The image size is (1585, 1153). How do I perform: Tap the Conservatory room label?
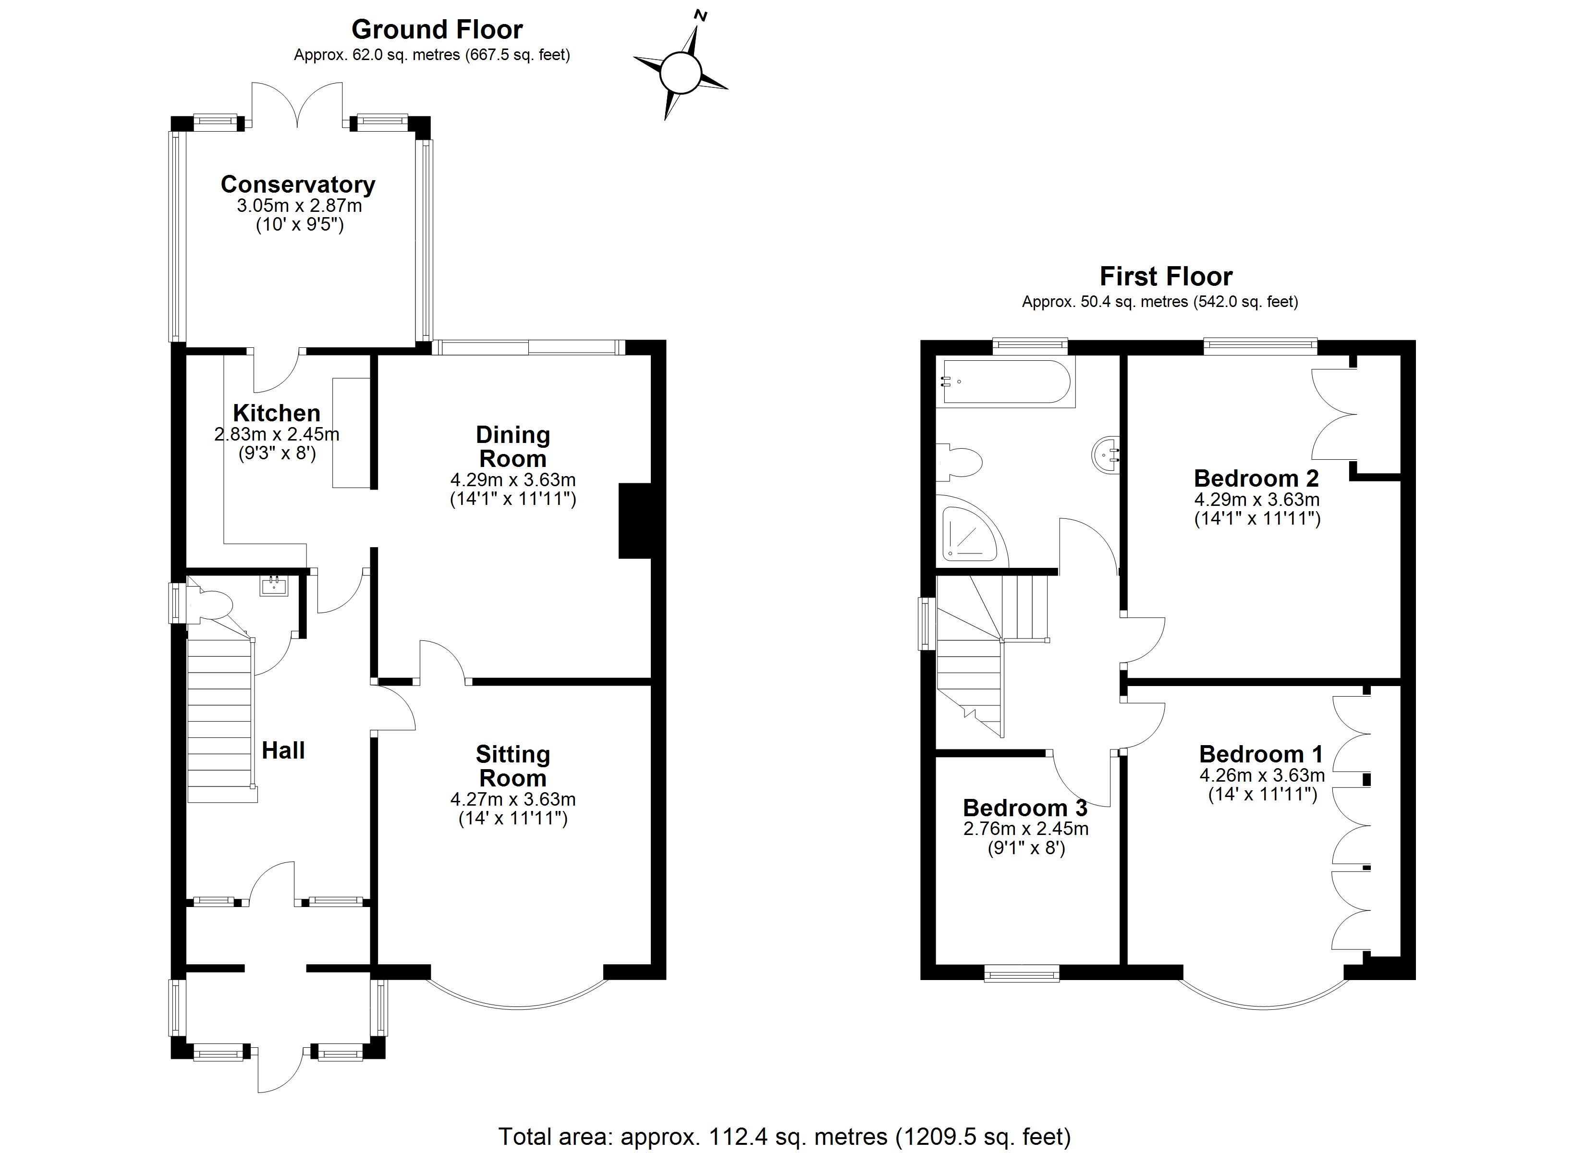tap(298, 184)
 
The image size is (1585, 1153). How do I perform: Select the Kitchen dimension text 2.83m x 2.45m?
tap(277, 434)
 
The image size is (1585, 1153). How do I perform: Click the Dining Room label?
tap(513, 447)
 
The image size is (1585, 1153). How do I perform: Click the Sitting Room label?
tap(513, 766)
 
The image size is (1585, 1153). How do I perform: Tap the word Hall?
tap(283, 750)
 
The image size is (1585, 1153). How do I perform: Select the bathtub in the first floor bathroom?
tap(1006, 382)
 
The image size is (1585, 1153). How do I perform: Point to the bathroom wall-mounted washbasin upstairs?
tap(1106, 454)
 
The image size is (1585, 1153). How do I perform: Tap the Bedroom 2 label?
tap(1256, 478)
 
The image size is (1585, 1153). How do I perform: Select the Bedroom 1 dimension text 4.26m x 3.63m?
tap(1261, 775)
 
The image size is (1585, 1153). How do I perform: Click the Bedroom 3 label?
tap(1024, 808)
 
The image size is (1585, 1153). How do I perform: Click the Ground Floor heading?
tap(437, 29)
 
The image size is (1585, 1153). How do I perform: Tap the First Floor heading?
tap(1166, 276)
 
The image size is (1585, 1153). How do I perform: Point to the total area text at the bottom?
tap(784, 1136)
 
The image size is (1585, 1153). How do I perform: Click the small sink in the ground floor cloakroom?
tap(274, 586)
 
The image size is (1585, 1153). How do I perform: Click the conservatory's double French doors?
tap(298, 105)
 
